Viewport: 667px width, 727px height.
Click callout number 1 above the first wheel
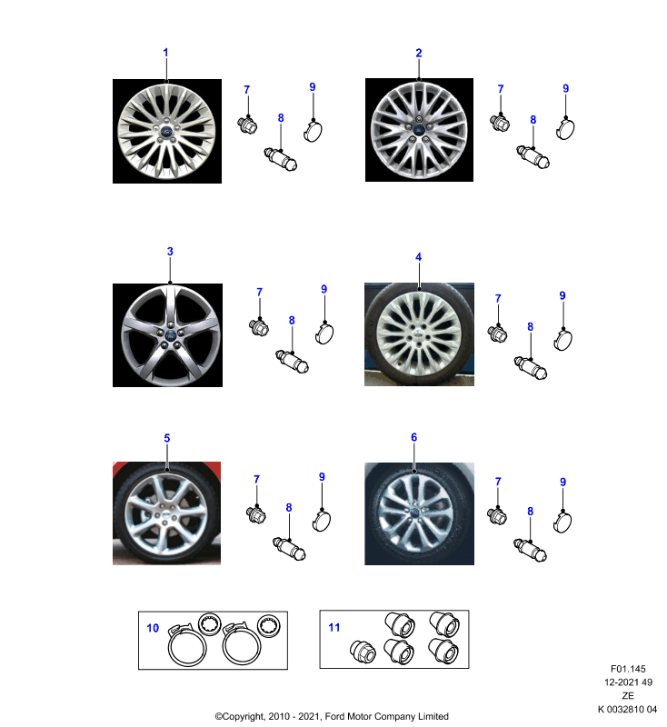coord(165,53)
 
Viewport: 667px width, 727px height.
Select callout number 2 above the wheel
coord(419,53)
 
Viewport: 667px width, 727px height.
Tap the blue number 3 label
coord(170,252)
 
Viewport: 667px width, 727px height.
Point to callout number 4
coord(419,257)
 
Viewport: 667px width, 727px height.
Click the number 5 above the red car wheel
coord(167,438)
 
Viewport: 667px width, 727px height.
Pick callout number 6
coord(413,437)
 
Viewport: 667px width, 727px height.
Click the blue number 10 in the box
coord(153,628)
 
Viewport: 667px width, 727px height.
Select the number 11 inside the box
coord(334,627)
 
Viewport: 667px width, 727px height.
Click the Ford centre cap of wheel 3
coord(170,335)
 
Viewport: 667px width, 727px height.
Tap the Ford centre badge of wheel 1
coord(166,132)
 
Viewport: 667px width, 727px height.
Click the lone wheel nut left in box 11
coord(363,651)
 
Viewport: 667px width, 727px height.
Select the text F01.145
coord(628,669)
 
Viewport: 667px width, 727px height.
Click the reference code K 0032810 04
coord(627,709)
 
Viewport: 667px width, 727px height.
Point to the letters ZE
coord(628,695)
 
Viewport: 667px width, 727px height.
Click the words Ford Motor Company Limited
coord(386,716)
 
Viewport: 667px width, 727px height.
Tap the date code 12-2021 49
coord(628,682)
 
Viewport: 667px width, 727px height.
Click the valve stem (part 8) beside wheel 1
coord(281,159)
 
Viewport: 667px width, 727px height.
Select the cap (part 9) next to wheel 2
coord(565,129)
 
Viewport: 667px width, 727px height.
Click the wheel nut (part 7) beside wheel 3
coord(259,327)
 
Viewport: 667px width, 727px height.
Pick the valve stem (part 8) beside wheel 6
coord(531,550)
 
